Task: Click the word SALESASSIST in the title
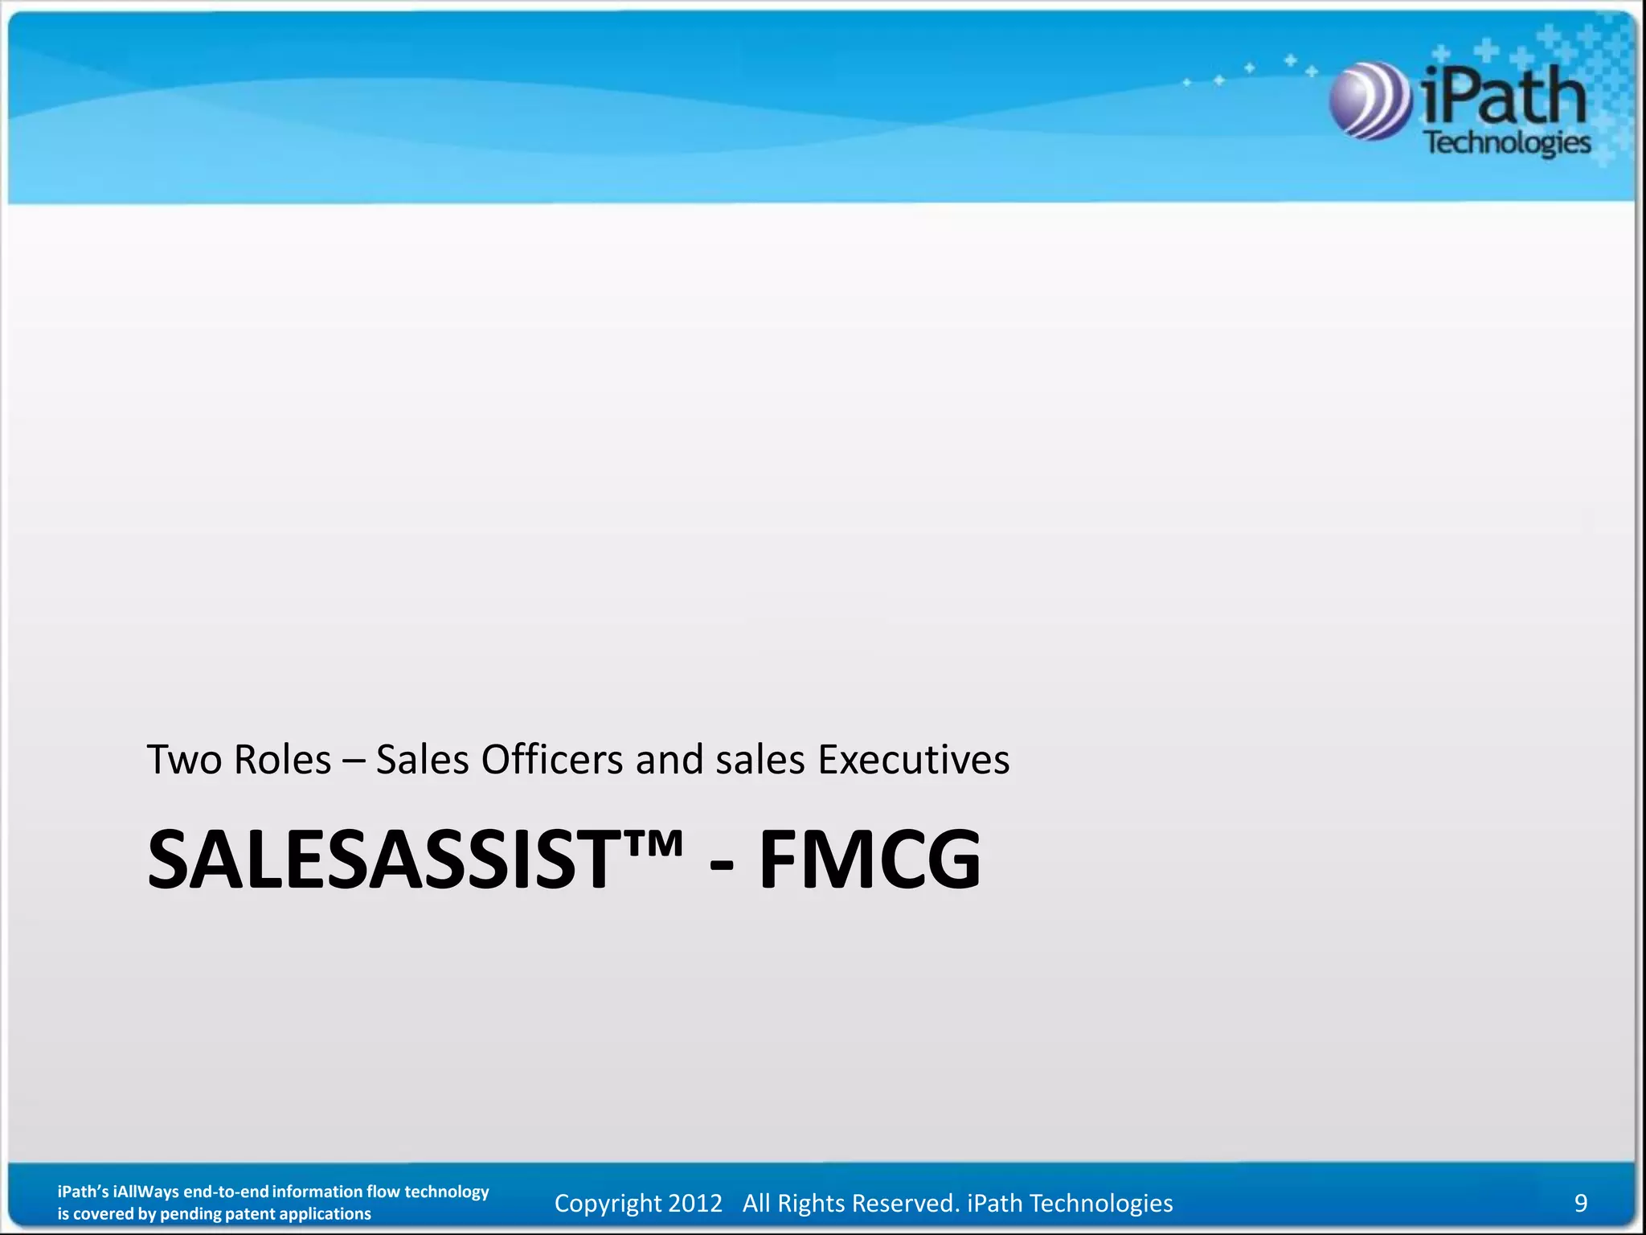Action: pyautogui.click(x=378, y=860)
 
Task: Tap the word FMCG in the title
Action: pyautogui.click(x=870, y=860)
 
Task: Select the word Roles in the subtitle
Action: pyautogui.click(x=282, y=760)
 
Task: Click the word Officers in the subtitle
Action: pyautogui.click(x=551, y=760)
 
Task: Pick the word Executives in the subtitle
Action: pyautogui.click(x=913, y=760)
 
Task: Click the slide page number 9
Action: pyautogui.click(x=1580, y=1203)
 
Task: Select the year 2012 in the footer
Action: pyautogui.click(x=695, y=1203)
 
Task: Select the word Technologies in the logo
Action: pyautogui.click(x=1508, y=143)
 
